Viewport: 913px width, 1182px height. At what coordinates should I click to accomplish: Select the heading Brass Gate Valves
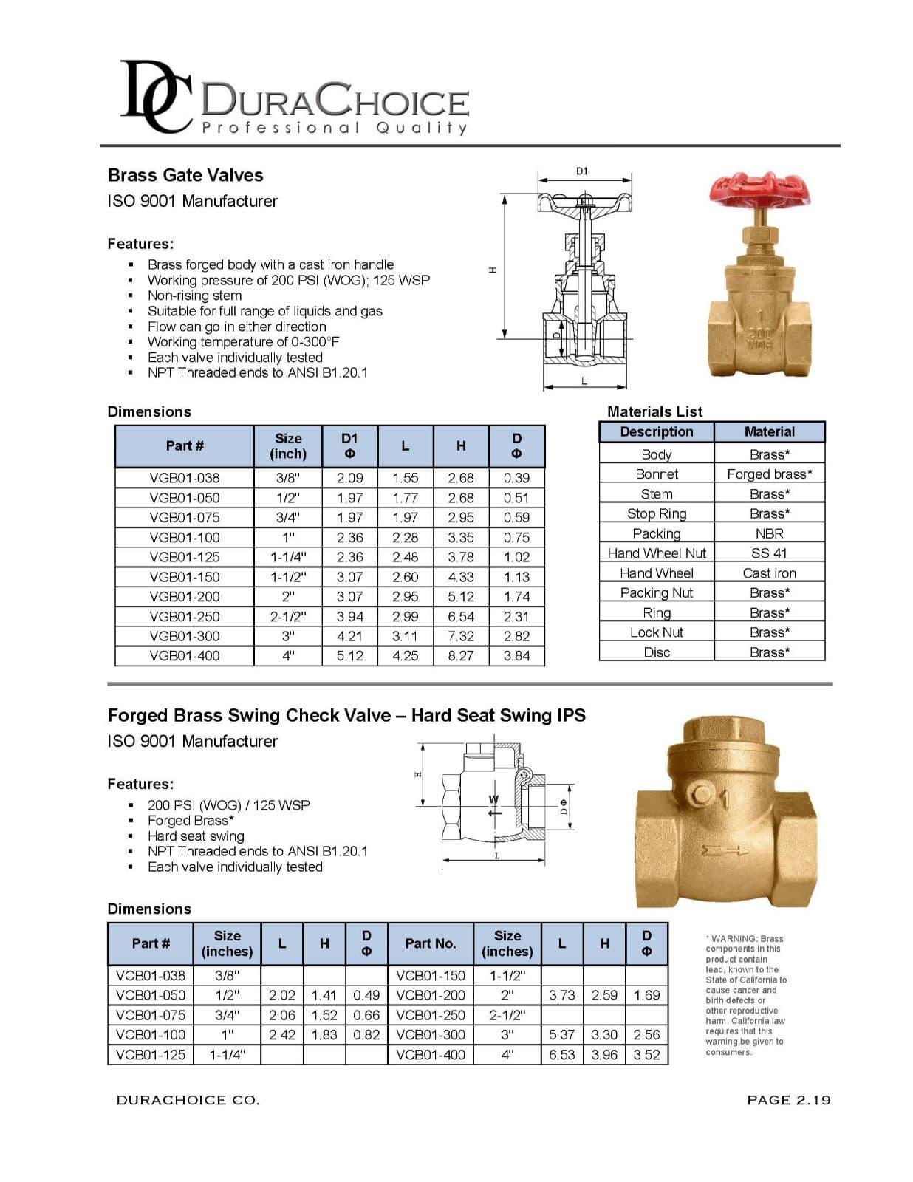(x=185, y=175)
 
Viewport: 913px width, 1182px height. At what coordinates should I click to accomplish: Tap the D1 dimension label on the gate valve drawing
(x=581, y=171)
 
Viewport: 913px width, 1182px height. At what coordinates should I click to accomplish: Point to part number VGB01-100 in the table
(x=185, y=537)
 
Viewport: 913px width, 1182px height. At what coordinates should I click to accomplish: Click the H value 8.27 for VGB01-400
(x=461, y=655)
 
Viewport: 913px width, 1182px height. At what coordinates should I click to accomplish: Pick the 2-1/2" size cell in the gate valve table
(x=288, y=616)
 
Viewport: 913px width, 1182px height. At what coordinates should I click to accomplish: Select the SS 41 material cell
(x=769, y=553)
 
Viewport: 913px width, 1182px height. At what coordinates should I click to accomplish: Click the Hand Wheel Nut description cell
(x=657, y=553)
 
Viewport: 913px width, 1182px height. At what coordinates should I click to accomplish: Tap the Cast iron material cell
(x=769, y=573)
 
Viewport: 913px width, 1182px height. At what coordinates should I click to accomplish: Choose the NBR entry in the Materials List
(x=769, y=533)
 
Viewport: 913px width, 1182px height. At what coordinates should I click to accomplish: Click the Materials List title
(x=654, y=411)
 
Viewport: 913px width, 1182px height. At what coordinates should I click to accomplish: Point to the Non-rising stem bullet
(x=194, y=295)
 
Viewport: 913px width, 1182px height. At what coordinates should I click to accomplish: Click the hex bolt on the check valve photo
(x=701, y=796)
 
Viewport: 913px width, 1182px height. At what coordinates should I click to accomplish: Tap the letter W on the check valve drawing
(x=494, y=799)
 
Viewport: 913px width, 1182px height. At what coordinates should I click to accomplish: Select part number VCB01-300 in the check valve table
(x=431, y=1035)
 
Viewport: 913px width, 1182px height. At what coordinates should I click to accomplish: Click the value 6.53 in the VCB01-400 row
(x=562, y=1055)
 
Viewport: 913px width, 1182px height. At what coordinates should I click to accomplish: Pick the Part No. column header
(x=431, y=943)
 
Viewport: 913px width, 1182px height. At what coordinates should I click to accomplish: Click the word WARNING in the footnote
(x=734, y=939)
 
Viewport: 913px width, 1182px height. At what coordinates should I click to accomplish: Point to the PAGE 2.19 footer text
(x=788, y=1100)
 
